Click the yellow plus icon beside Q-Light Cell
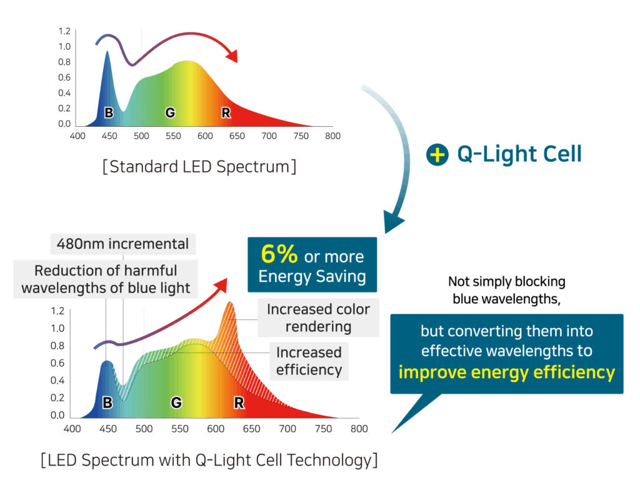tap(437, 154)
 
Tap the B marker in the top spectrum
tap(109, 112)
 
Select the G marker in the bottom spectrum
tap(176, 403)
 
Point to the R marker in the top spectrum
tap(226, 112)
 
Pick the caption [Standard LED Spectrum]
tap(199, 167)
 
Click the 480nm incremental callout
tap(122, 243)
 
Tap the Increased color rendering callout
tap(318, 317)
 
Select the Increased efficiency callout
tap(309, 361)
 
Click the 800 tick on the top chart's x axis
tap(332, 136)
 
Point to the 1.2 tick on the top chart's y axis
tap(64, 31)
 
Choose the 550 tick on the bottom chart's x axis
tap(180, 429)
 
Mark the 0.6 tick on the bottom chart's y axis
tap(57, 362)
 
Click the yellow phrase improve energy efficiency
tap(507, 373)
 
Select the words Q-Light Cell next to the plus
tap(519, 154)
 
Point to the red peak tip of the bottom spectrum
tap(229, 303)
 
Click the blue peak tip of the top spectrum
tap(107, 52)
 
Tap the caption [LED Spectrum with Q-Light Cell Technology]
tap(209, 461)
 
